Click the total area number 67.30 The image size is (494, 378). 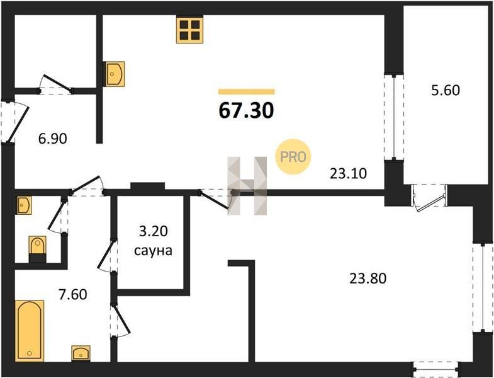(246, 111)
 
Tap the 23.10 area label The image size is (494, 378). (349, 173)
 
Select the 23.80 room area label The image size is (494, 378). (368, 278)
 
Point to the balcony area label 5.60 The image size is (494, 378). (446, 91)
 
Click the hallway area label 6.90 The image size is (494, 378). (53, 139)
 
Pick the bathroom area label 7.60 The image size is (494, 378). (73, 294)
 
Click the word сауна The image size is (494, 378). (153, 251)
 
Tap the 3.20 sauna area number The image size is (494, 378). (153, 232)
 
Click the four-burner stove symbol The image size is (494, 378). (189, 30)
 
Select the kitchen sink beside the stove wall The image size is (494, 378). (114, 74)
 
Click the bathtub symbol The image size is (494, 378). (30, 331)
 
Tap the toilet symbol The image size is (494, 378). (38, 249)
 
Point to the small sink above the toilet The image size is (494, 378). (24, 205)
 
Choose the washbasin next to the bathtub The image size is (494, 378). (81, 353)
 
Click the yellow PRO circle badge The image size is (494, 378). (293, 157)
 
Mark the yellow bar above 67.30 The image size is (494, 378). (246, 92)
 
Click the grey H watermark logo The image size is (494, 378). (247, 186)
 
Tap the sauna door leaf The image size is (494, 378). (106, 255)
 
